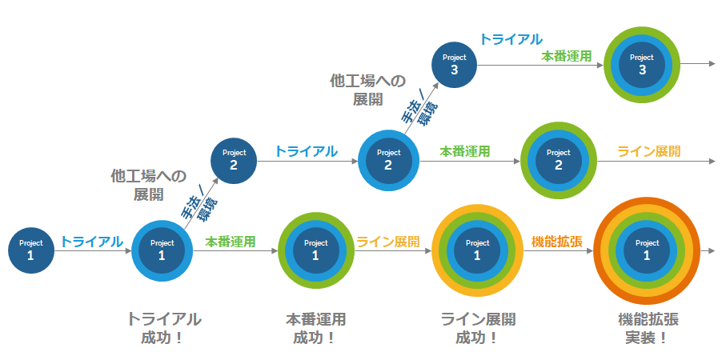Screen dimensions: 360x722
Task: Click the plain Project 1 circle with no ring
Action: click(x=31, y=250)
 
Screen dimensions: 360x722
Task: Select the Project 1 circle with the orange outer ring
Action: click(x=647, y=250)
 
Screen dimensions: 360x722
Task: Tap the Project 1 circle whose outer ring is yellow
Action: click(x=477, y=250)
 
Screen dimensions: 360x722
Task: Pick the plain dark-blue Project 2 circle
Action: click(x=234, y=159)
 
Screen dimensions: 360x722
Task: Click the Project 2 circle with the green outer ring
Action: click(x=559, y=159)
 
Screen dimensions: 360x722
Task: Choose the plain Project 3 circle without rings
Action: click(x=455, y=64)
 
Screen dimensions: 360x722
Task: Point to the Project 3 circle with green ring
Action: click(x=642, y=64)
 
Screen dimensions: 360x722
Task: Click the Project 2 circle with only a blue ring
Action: click(x=388, y=159)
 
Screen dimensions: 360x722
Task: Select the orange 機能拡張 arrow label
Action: click(x=556, y=242)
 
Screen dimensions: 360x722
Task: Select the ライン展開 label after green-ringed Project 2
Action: click(x=648, y=151)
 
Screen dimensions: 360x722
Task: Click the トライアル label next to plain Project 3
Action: click(x=511, y=39)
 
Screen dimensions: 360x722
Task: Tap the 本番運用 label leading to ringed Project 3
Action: click(x=566, y=57)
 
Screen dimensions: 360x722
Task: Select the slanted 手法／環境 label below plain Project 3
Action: click(x=418, y=110)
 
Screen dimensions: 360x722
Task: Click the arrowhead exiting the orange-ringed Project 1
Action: click(x=712, y=250)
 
